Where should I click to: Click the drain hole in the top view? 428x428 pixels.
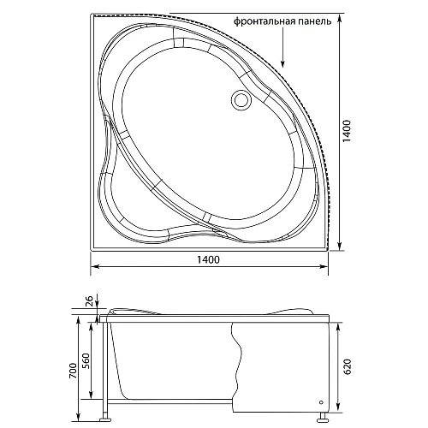point(241,101)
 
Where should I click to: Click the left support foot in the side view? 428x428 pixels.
point(106,417)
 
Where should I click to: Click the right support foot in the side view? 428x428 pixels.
point(324,418)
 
